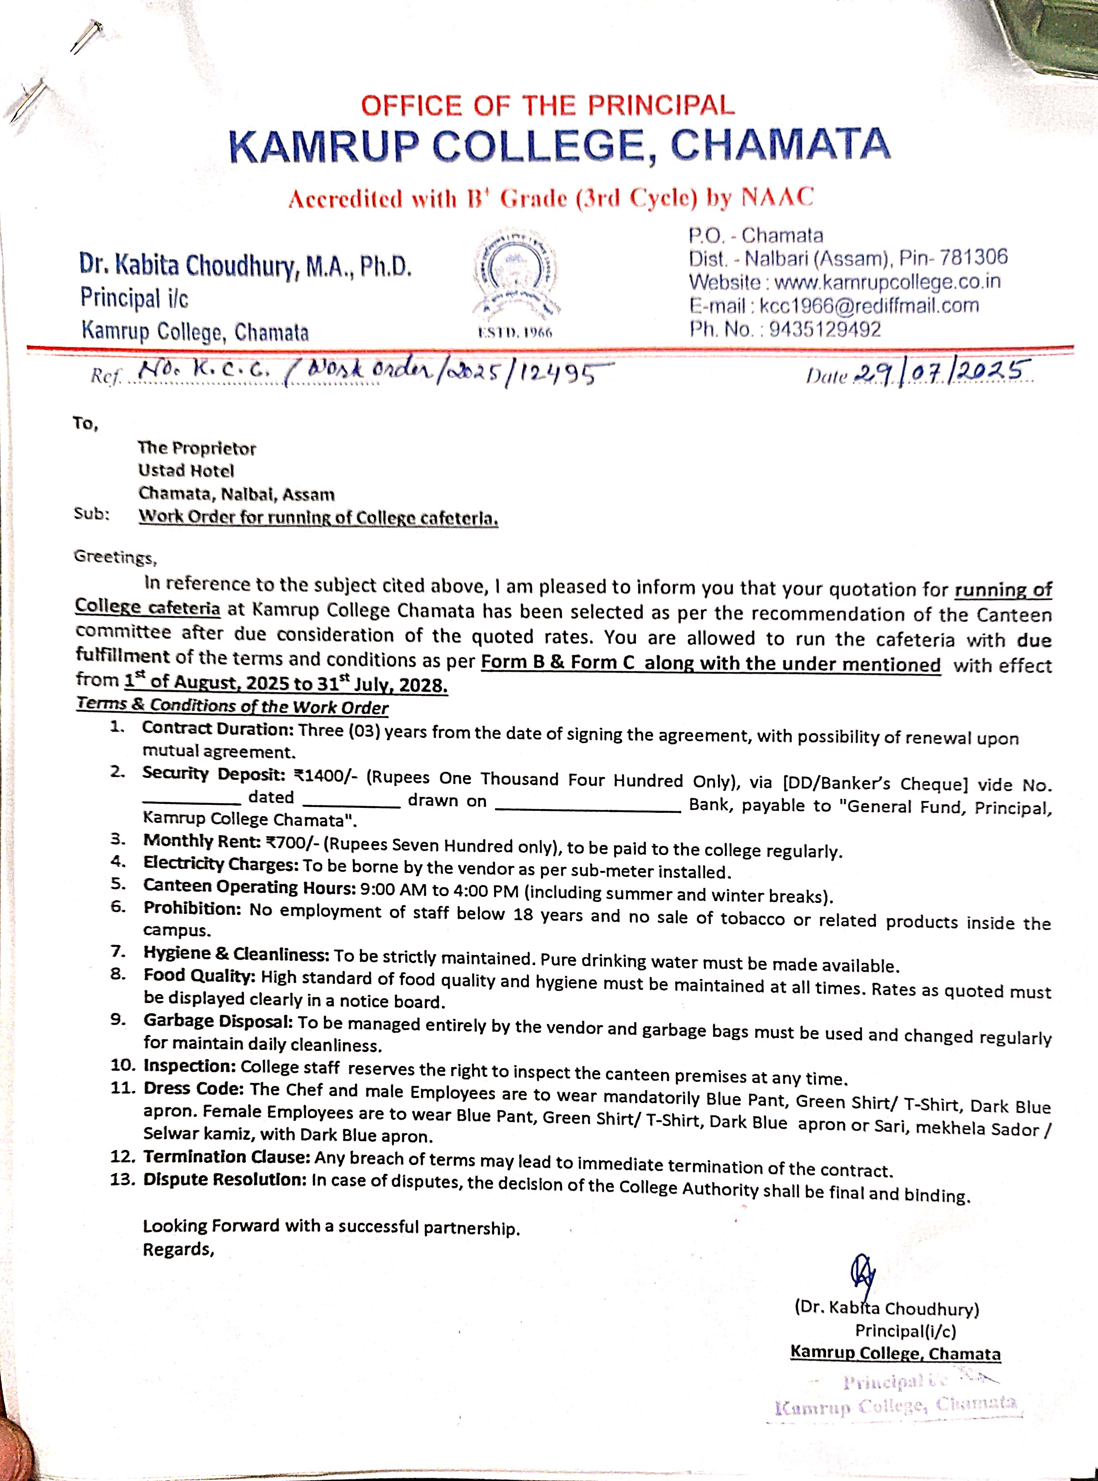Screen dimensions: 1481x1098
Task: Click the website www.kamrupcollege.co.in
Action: [x=887, y=282]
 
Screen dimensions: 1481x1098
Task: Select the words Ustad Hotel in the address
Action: [x=186, y=470]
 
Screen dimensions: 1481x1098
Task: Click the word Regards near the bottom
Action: [x=178, y=1249]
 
